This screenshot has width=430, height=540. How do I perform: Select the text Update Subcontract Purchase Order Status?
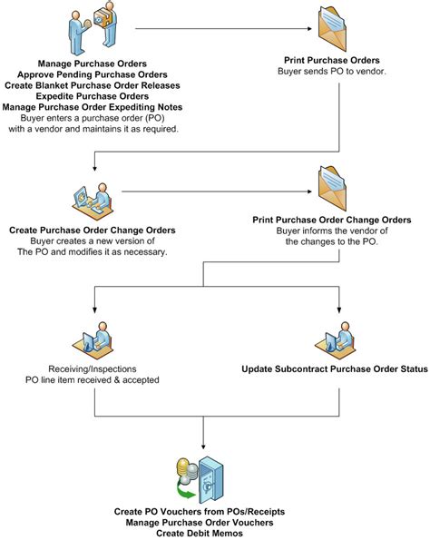pos(335,370)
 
